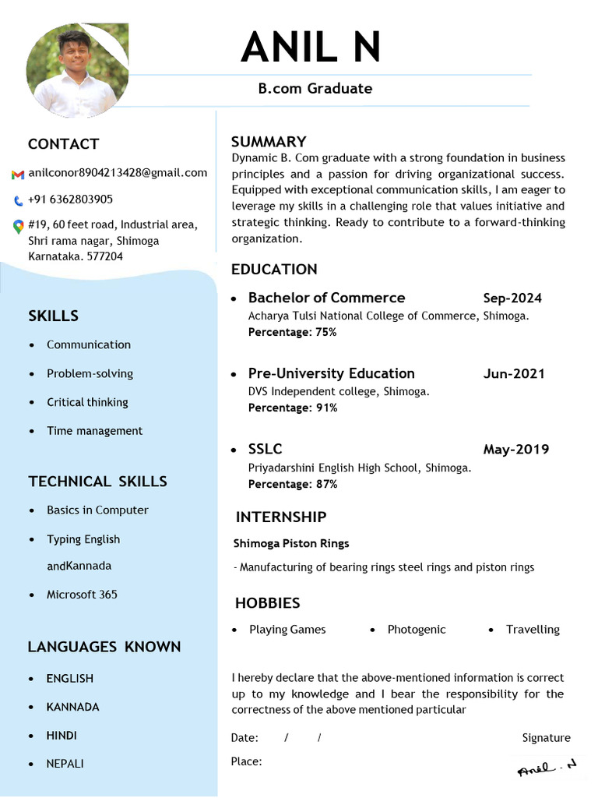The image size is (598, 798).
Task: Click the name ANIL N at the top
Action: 311,48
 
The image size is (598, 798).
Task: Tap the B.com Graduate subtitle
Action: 315,88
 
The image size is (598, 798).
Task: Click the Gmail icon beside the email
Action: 18,174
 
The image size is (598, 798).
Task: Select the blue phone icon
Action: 18,200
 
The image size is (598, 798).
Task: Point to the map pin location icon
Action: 18,226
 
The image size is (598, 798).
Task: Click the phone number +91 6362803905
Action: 70,199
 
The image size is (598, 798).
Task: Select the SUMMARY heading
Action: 269,142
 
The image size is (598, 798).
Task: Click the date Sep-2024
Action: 512,298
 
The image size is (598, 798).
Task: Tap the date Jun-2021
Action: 514,374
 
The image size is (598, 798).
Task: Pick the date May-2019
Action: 515,450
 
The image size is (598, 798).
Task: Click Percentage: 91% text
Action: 293,408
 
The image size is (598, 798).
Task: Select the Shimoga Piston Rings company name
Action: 291,543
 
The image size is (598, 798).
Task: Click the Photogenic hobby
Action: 417,630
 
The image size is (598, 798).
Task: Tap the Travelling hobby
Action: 533,630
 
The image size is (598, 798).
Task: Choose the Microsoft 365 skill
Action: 82,595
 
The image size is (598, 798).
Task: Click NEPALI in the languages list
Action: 65,764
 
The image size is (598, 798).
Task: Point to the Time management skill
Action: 94,431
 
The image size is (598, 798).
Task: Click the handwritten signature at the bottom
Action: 547,768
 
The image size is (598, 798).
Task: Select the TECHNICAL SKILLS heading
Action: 97,482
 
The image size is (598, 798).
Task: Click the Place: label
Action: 246,761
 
